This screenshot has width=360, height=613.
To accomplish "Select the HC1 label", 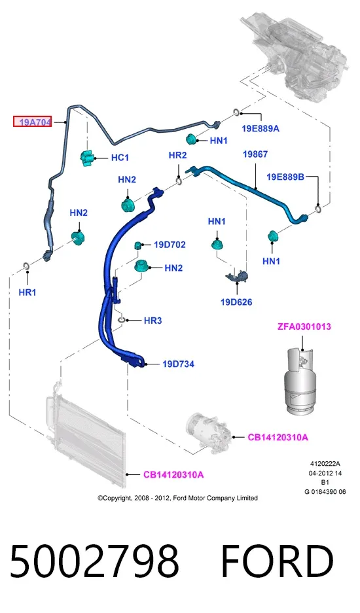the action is click(x=120, y=158).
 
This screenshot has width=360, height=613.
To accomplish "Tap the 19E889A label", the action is click(x=261, y=129).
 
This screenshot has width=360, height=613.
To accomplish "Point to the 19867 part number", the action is click(x=255, y=154).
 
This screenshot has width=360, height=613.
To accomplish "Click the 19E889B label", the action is click(x=285, y=177).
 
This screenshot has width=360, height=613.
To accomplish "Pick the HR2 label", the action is click(x=177, y=155).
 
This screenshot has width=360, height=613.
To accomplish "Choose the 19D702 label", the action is click(x=170, y=245).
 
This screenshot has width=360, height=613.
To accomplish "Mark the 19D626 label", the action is click(x=236, y=302).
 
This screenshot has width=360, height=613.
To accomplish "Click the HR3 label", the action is click(x=153, y=321).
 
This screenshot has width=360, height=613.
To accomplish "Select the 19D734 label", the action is click(x=179, y=364).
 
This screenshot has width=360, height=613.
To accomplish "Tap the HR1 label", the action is click(x=27, y=292).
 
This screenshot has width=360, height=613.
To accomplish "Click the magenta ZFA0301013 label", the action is click(x=304, y=326).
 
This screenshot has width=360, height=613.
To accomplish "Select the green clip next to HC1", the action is click(x=87, y=158).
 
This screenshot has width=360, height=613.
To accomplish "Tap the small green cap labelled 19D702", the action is click(x=137, y=245).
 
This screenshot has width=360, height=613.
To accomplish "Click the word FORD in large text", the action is click(x=277, y=562).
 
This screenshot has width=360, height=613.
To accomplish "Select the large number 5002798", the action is click(x=94, y=562).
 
